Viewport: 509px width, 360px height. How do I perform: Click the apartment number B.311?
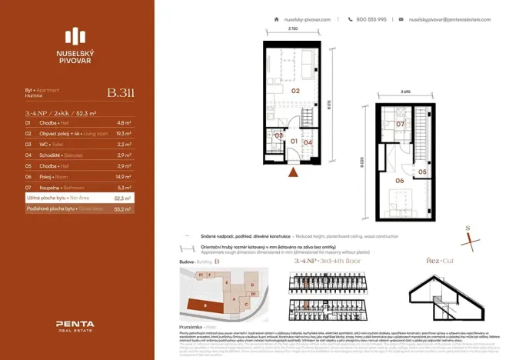tap(121, 93)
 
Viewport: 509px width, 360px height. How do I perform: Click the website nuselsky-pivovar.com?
tap(307, 19)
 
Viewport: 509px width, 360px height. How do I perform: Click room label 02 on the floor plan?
tap(295, 90)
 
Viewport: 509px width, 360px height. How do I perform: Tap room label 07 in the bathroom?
tap(401, 124)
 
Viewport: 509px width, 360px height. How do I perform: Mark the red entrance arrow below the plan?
tap(293, 173)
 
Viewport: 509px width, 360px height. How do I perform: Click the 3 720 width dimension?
tap(294, 29)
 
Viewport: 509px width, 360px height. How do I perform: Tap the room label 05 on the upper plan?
tap(423, 172)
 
